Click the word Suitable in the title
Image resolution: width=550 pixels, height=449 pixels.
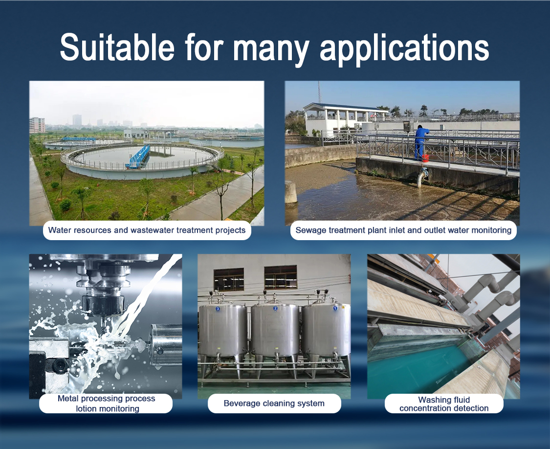pyautogui.click(x=117, y=47)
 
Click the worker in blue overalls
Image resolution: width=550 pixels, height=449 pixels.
pyautogui.click(x=420, y=141)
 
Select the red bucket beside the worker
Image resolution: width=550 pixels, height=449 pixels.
pyautogui.click(x=425, y=158)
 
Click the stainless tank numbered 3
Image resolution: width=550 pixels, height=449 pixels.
pyautogui.click(x=222, y=331)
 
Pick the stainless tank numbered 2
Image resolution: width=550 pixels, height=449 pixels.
pyautogui.click(x=275, y=331)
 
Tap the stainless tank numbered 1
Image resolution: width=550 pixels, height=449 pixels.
pyautogui.click(x=326, y=331)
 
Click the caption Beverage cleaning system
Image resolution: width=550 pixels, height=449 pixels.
pyautogui.click(x=274, y=404)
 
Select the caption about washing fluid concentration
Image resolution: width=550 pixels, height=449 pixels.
pyautogui.click(x=444, y=404)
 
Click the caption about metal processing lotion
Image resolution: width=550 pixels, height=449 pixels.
pyautogui.click(x=106, y=404)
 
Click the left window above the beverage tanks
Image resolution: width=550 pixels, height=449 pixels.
pyautogui.click(x=228, y=279)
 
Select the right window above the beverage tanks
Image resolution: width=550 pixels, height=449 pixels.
pyautogui.click(x=280, y=277)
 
